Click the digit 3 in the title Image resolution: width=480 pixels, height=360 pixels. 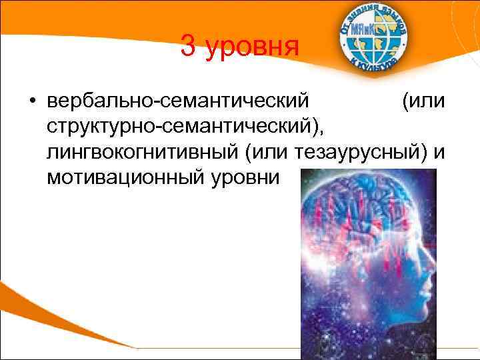(189, 48)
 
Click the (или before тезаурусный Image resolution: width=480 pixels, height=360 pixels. (267, 153)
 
